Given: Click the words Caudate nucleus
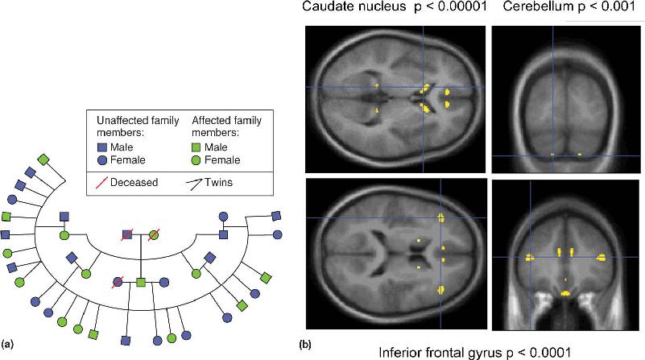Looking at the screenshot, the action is coord(354,6).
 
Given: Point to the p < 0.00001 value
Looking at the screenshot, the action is coord(450,6).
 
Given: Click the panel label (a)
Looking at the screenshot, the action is coord(8,344).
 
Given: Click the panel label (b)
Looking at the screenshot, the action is coord(305,344).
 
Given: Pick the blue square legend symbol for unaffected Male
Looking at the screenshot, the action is coord(102,147).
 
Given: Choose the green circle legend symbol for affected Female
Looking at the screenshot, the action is coord(196,160).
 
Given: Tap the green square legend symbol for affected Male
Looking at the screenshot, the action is coord(196,147).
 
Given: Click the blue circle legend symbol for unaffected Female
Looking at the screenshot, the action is coord(102,160).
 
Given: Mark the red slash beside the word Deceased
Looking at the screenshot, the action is coord(101,183).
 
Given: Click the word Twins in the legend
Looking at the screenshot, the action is coord(218,182).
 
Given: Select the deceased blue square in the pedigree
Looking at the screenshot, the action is coord(127,235).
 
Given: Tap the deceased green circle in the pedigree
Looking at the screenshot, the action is coord(154,235).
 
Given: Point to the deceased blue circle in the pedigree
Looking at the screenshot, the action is coord(118,282).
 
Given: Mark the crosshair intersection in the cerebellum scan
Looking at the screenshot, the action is coord(553,155).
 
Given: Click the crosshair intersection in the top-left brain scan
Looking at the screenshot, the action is coord(424,87).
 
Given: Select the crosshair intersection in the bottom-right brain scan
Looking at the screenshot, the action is coord(530,257).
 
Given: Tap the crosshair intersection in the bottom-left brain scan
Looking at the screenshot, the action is coord(440,217).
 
